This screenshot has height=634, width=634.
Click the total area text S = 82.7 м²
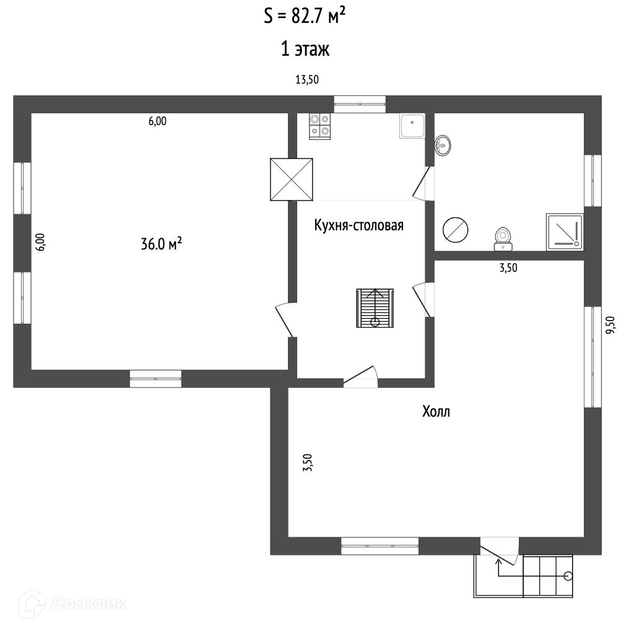[x=305, y=16]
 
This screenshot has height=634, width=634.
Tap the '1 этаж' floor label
[x=305, y=50]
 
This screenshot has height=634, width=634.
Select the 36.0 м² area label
[x=161, y=245]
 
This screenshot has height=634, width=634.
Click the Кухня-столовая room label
[x=358, y=225]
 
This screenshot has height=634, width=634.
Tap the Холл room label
[x=436, y=412]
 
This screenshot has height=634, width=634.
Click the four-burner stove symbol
[x=320, y=126]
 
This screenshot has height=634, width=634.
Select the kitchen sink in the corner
[x=412, y=126]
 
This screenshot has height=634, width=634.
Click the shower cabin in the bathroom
[x=564, y=232]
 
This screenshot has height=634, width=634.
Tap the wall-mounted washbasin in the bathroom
[x=443, y=146]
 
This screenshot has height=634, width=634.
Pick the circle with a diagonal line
[x=456, y=230]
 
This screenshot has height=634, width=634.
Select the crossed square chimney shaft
[x=292, y=179]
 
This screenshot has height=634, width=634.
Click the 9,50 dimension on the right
[x=610, y=325]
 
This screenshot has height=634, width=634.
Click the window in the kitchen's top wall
[x=360, y=103]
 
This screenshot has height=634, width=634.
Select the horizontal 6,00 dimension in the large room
[x=157, y=121]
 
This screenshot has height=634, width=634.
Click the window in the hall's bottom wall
[x=380, y=545]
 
